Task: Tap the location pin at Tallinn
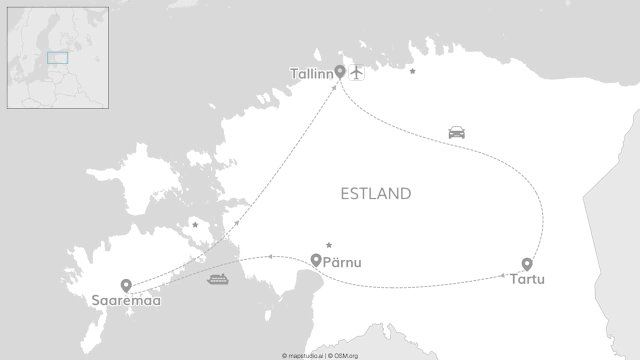(x=340, y=71)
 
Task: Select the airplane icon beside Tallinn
(x=356, y=72)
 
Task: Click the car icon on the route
(x=456, y=132)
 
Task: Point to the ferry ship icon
(x=217, y=279)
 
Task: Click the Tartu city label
(x=527, y=279)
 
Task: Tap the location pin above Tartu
(x=527, y=264)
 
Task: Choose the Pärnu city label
(x=342, y=262)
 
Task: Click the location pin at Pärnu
(x=315, y=259)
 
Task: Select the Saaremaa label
(x=126, y=300)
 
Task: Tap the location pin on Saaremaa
(x=126, y=285)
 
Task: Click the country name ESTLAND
(x=376, y=193)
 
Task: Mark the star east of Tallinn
(x=412, y=71)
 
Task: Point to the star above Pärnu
(x=329, y=245)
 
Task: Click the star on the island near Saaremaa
(x=195, y=225)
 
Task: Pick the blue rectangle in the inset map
(x=57, y=57)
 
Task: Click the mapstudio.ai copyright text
(x=302, y=356)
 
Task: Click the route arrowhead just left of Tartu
(x=501, y=275)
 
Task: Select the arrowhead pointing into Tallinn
(x=334, y=87)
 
